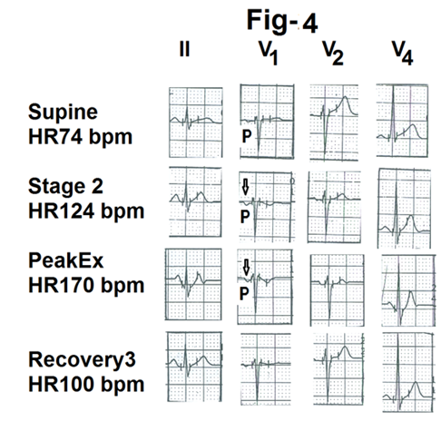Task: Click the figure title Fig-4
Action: [282, 21]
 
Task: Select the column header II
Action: [184, 49]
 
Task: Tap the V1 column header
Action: [268, 53]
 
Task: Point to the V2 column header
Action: [333, 53]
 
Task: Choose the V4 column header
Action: [402, 53]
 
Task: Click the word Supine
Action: [63, 113]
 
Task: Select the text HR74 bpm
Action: [80, 137]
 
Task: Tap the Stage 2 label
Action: [65, 186]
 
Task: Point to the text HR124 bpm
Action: [86, 210]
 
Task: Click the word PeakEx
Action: [66, 260]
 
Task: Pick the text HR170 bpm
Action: [86, 285]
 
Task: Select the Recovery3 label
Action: [82, 360]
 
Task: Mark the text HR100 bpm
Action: [86, 384]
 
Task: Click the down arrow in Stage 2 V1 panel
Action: [245, 187]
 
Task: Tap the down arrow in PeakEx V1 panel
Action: [247, 268]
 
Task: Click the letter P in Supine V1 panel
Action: [247, 136]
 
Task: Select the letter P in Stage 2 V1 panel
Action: [245, 217]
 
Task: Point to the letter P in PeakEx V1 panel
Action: [244, 293]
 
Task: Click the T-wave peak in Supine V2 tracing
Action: [345, 97]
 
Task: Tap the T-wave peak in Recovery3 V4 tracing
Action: [416, 382]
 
